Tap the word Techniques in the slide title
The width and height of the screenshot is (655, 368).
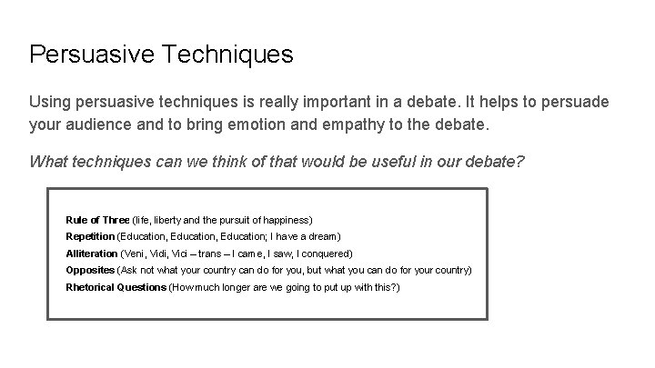[x=227, y=55]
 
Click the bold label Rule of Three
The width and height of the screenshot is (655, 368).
[x=97, y=220]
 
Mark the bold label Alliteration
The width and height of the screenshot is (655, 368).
[x=92, y=254]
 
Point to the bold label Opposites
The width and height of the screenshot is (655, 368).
[x=90, y=271]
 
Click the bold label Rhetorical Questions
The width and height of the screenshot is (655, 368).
[x=116, y=287]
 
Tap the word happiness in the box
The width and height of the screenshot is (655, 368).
[x=287, y=220]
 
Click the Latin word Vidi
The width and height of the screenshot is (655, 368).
[x=160, y=254]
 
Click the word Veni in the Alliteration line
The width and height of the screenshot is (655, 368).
[x=135, y=254]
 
